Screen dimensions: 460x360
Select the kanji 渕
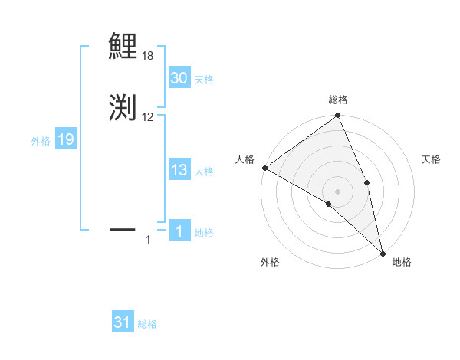tap(123, 107)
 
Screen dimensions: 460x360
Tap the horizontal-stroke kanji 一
tap(123, 228)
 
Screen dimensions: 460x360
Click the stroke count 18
tap(148, 56)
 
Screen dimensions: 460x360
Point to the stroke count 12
tap(148, 117)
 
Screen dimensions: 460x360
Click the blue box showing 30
tap(179, 78)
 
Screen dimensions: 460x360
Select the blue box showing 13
tap(179, 170)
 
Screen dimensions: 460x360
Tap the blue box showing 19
tap(65, 139)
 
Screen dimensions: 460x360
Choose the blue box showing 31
tap(122, 322)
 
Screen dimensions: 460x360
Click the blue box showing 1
tap(179, 231)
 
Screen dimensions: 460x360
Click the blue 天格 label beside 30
tap(204, 80)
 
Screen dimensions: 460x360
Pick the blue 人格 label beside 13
tap(204, 172)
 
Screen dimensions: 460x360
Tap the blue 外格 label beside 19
tap(41, 141)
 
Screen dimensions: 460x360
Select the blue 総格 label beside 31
tap(147, 324)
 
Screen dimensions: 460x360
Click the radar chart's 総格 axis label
tap(338, 100)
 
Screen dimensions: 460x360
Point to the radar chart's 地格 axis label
tap(402, 262)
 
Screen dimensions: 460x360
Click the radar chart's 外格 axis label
tap(270, 262)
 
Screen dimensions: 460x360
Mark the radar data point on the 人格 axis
tap(264, 168)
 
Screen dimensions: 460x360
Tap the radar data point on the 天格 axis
tap(366, 182)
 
